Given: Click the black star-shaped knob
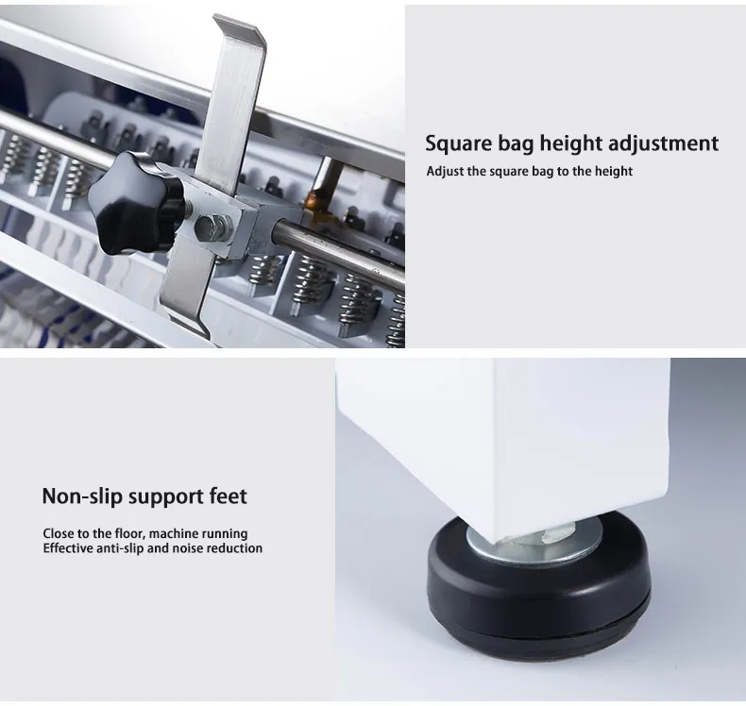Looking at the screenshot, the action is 137,203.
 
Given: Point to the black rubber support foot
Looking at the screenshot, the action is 538,584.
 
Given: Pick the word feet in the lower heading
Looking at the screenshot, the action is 229,496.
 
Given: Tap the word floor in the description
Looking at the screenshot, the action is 129,533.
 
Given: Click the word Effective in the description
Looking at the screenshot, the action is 68,548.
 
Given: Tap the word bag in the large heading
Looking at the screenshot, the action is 516,144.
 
